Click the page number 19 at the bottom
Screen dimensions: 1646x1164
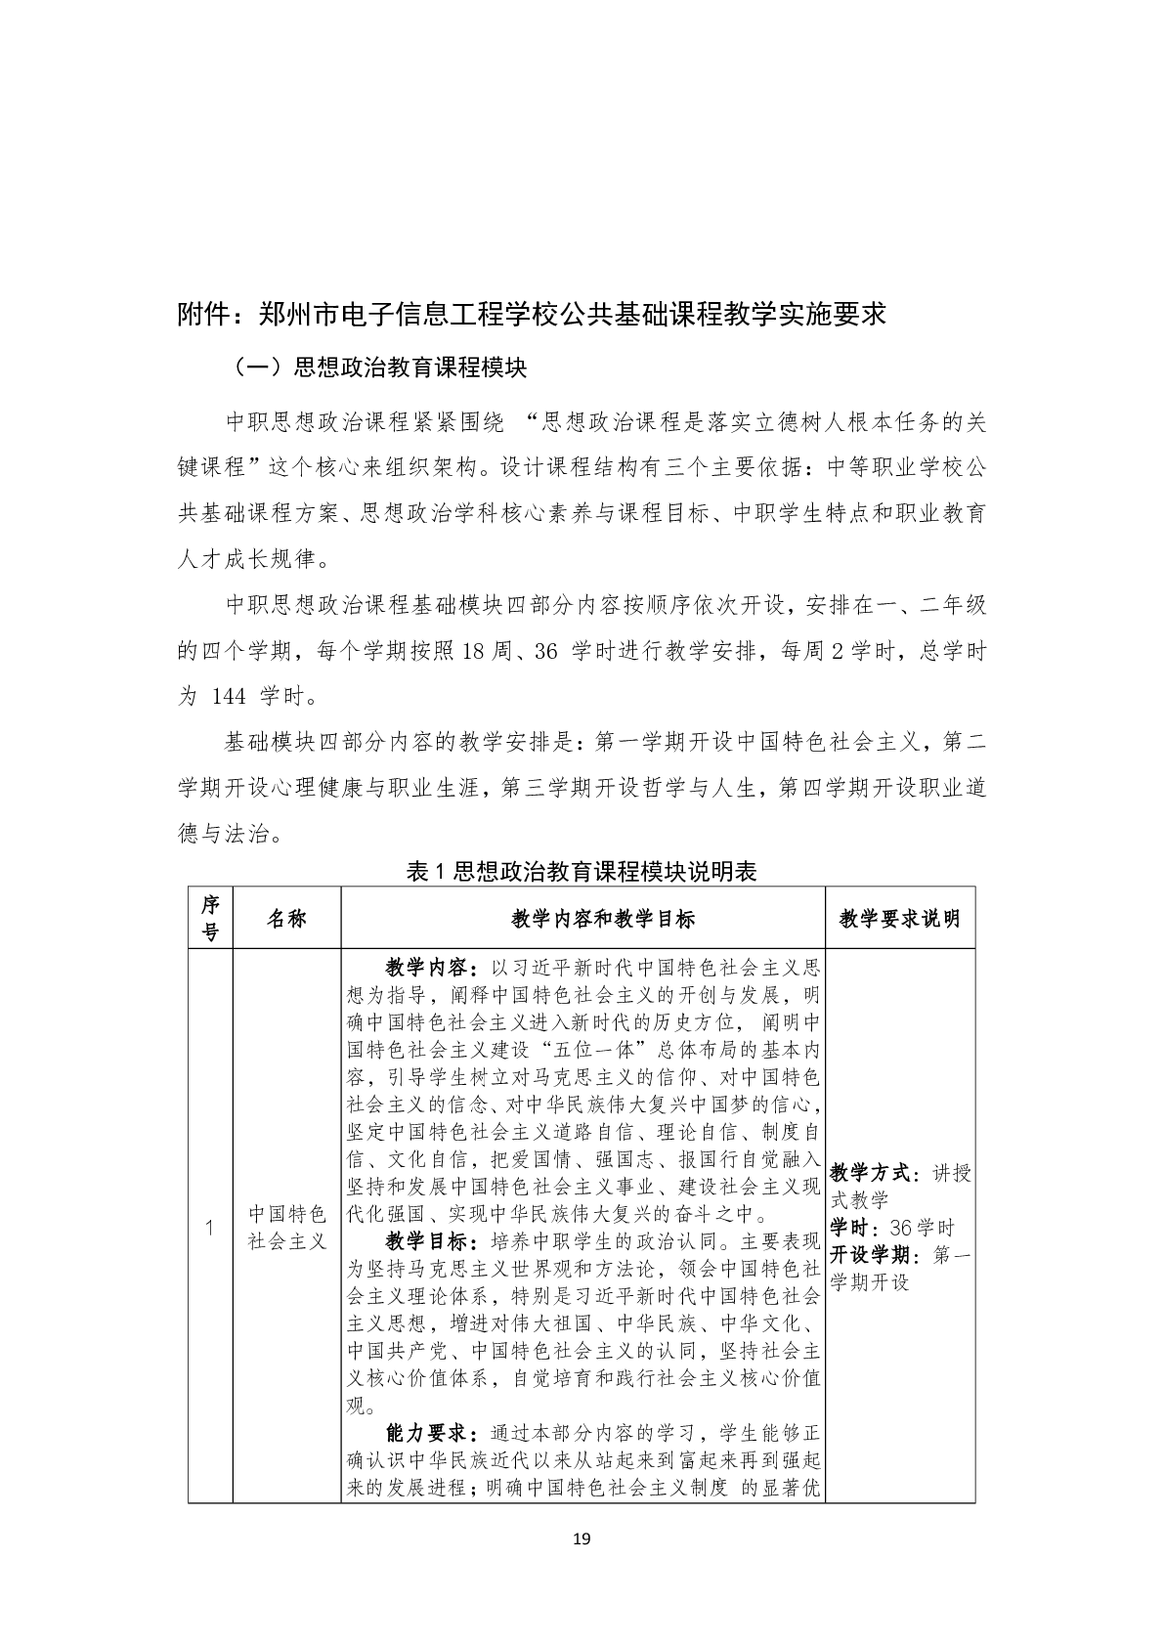[x=582, y=1539]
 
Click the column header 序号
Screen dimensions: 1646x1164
[x=210, y=918]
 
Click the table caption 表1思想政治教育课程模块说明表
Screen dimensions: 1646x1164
[x=582, y=872]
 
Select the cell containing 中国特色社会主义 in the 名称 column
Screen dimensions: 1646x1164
[x=286, y=1228]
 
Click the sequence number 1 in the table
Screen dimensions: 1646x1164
[x=210, y=1228]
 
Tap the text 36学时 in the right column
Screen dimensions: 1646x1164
[x=915, y=1228]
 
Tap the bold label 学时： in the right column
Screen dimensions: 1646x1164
[x=851, y=1228]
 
